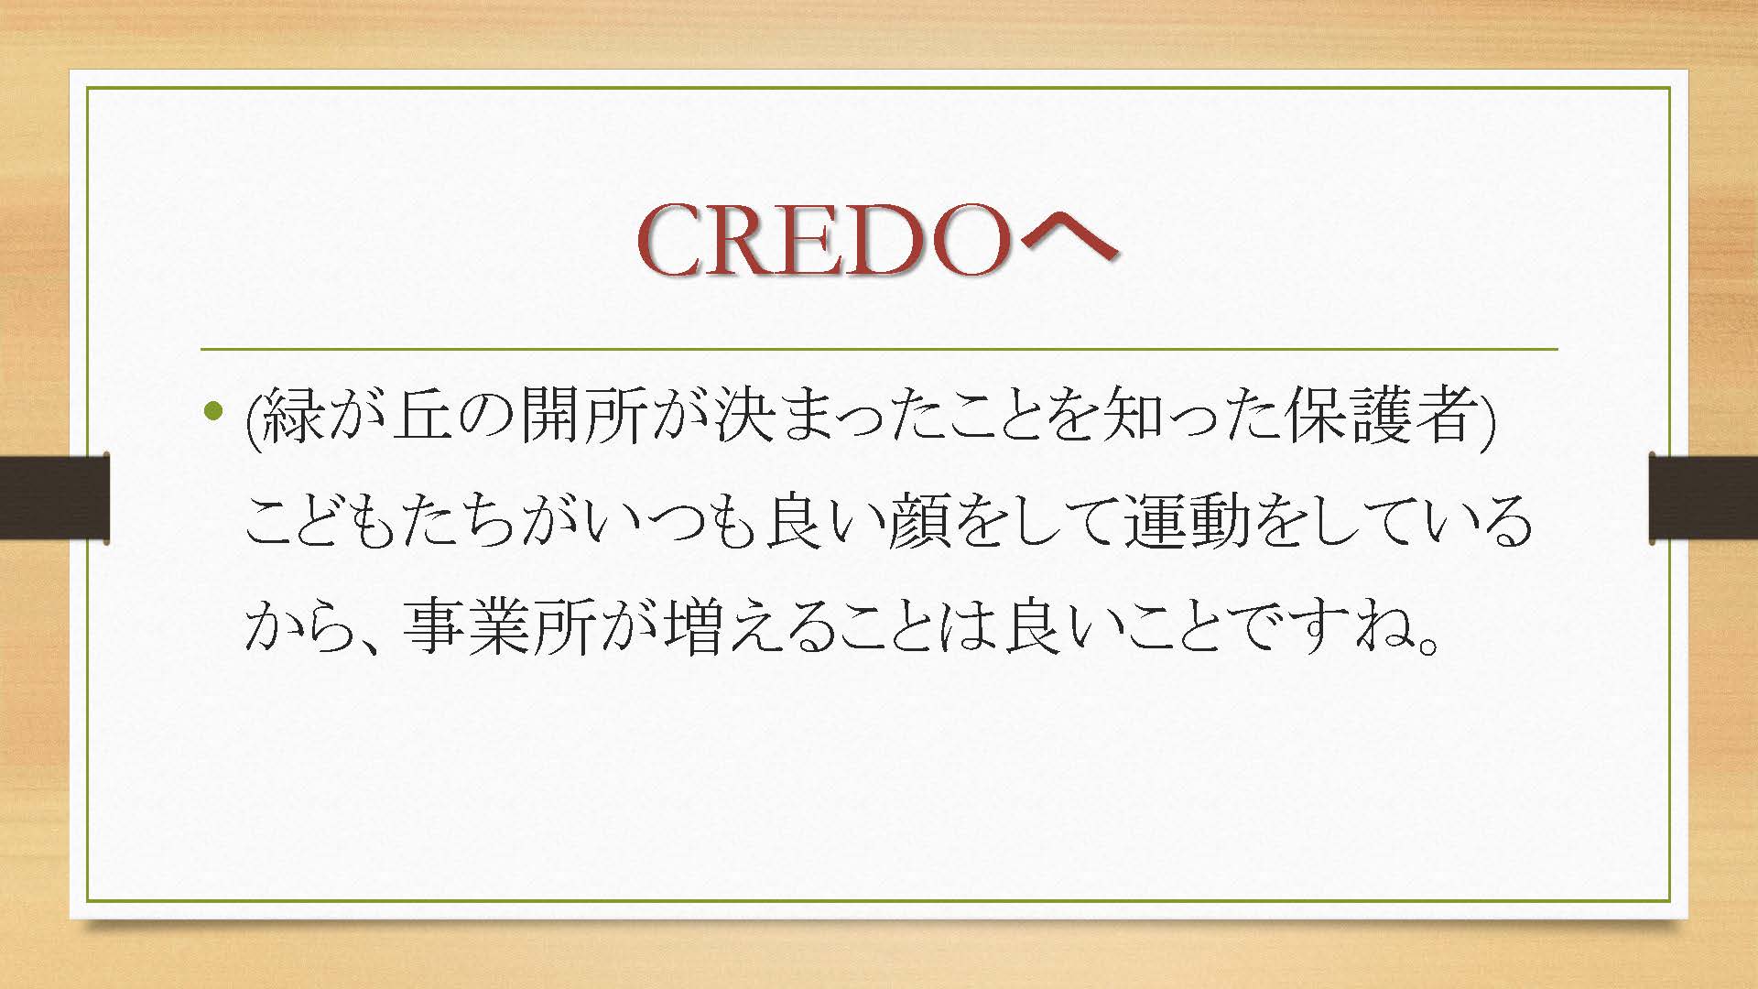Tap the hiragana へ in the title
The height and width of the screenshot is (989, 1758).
click(1068, 240)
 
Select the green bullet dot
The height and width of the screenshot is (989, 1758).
click(214, 411)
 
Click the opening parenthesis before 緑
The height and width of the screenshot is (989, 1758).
click(254, 419)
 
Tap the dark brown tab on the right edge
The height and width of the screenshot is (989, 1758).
click(1704, 498)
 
